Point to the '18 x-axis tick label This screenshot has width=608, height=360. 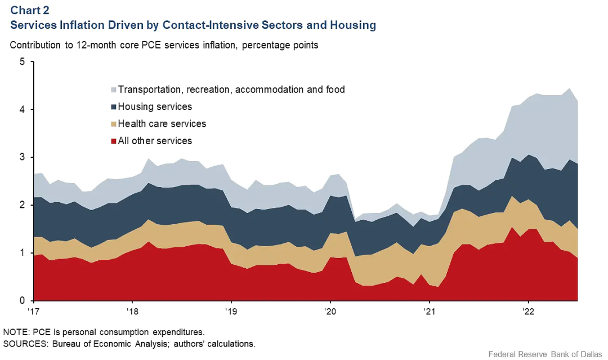coord(132,312)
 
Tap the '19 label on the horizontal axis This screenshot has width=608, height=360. coord(230,312)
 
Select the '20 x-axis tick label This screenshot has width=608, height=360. coord(329,312)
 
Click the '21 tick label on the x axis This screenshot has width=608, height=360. coord(429,312)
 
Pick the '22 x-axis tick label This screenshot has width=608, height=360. coord(528,312)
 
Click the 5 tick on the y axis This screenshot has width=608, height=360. coord(23,61)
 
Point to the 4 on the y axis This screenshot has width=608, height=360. coord(23,109)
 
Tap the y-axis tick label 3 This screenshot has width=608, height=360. coord(23,157)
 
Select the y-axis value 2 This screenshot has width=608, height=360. coord(23,205)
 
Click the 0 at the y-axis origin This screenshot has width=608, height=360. coord(23,301)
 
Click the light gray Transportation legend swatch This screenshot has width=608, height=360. coord(113,90)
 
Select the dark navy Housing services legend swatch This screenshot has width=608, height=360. coord(113,107)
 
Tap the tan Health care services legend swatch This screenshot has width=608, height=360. coord(113,124)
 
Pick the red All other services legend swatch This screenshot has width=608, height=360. coord(113,141)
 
